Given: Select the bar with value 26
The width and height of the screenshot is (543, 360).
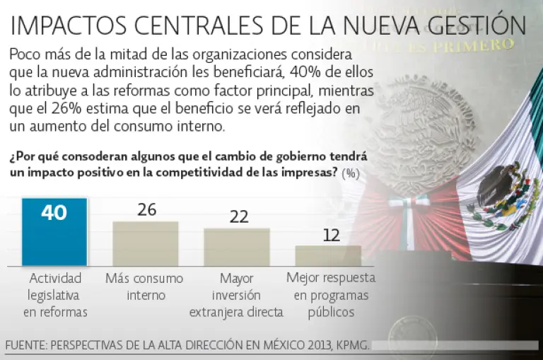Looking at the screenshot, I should pos(146,244).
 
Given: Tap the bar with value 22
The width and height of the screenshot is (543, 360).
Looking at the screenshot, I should pos(237,247).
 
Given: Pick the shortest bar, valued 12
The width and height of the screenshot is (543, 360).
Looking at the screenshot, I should pos(328,255).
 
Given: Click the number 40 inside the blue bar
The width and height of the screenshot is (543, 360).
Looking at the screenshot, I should pos(54,213).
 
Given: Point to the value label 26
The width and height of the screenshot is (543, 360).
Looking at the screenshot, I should pos(146,210).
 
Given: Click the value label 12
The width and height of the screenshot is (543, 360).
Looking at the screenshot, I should pos(331,235).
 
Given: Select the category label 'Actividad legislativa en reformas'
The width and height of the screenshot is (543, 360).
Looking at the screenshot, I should pos(54,294).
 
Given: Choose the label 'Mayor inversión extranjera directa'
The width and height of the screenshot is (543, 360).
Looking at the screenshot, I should pos(237,294).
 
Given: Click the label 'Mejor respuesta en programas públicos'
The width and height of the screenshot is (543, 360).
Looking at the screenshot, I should pos(331,294).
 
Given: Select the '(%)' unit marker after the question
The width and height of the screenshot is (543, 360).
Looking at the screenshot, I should pos(349,174).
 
